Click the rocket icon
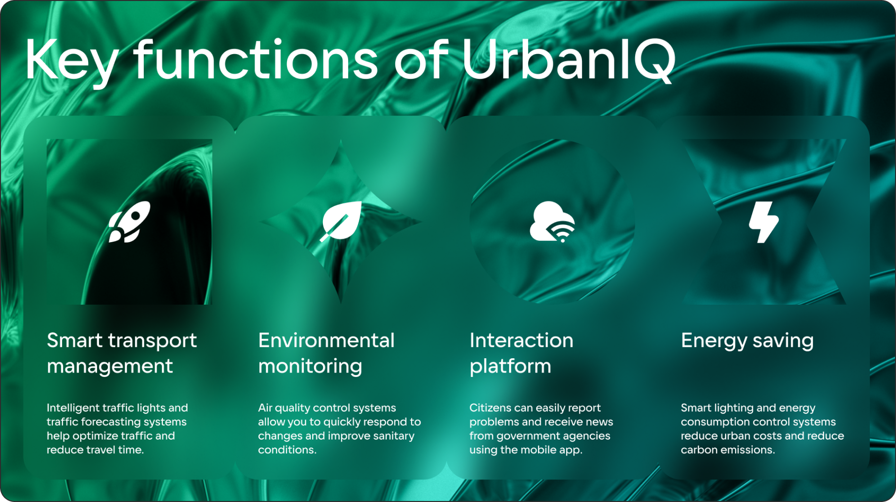point(129,222)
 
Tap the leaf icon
point(341,221)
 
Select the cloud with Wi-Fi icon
point(552,222)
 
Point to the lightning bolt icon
point(764,222)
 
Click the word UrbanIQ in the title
point(569,60)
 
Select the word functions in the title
point(256,60)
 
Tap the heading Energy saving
point(747,341)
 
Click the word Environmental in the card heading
point(326,341)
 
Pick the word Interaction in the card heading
point(521,341)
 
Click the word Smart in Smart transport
point(75,341)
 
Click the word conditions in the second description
point(287,450)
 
